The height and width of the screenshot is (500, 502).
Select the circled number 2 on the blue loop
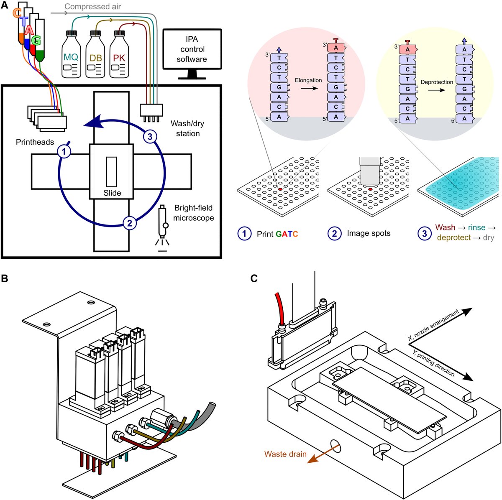tap(130, 223)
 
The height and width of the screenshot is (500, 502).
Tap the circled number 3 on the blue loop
tap(150, 136)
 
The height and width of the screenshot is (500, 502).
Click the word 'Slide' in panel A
tap(112, 193)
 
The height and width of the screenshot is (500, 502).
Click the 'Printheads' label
tap(35, 142)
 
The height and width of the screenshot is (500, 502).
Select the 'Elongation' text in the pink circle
tap(308, 80)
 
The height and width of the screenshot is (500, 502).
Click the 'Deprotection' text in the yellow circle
tap(437, 82)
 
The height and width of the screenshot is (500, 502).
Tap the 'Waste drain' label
tap(285, 454)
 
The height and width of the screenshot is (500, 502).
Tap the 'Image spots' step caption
tap(369, 233)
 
